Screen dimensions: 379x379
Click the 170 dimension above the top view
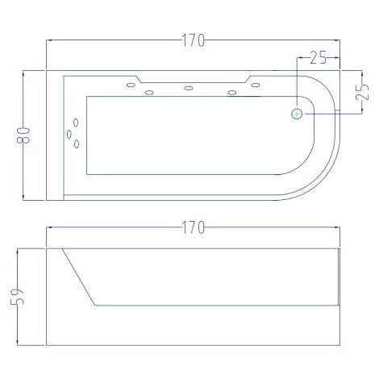tap(192, 40)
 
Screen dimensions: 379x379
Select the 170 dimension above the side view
tap(192, 228)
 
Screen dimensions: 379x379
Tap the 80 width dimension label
tap(26, 135)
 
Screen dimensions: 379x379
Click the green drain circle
tap(297, 114)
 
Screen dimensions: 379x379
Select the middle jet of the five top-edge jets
tap(188, 88)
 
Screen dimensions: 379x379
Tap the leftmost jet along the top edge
tap(129, 83)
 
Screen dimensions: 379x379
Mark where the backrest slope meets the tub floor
tap(96, 305)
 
